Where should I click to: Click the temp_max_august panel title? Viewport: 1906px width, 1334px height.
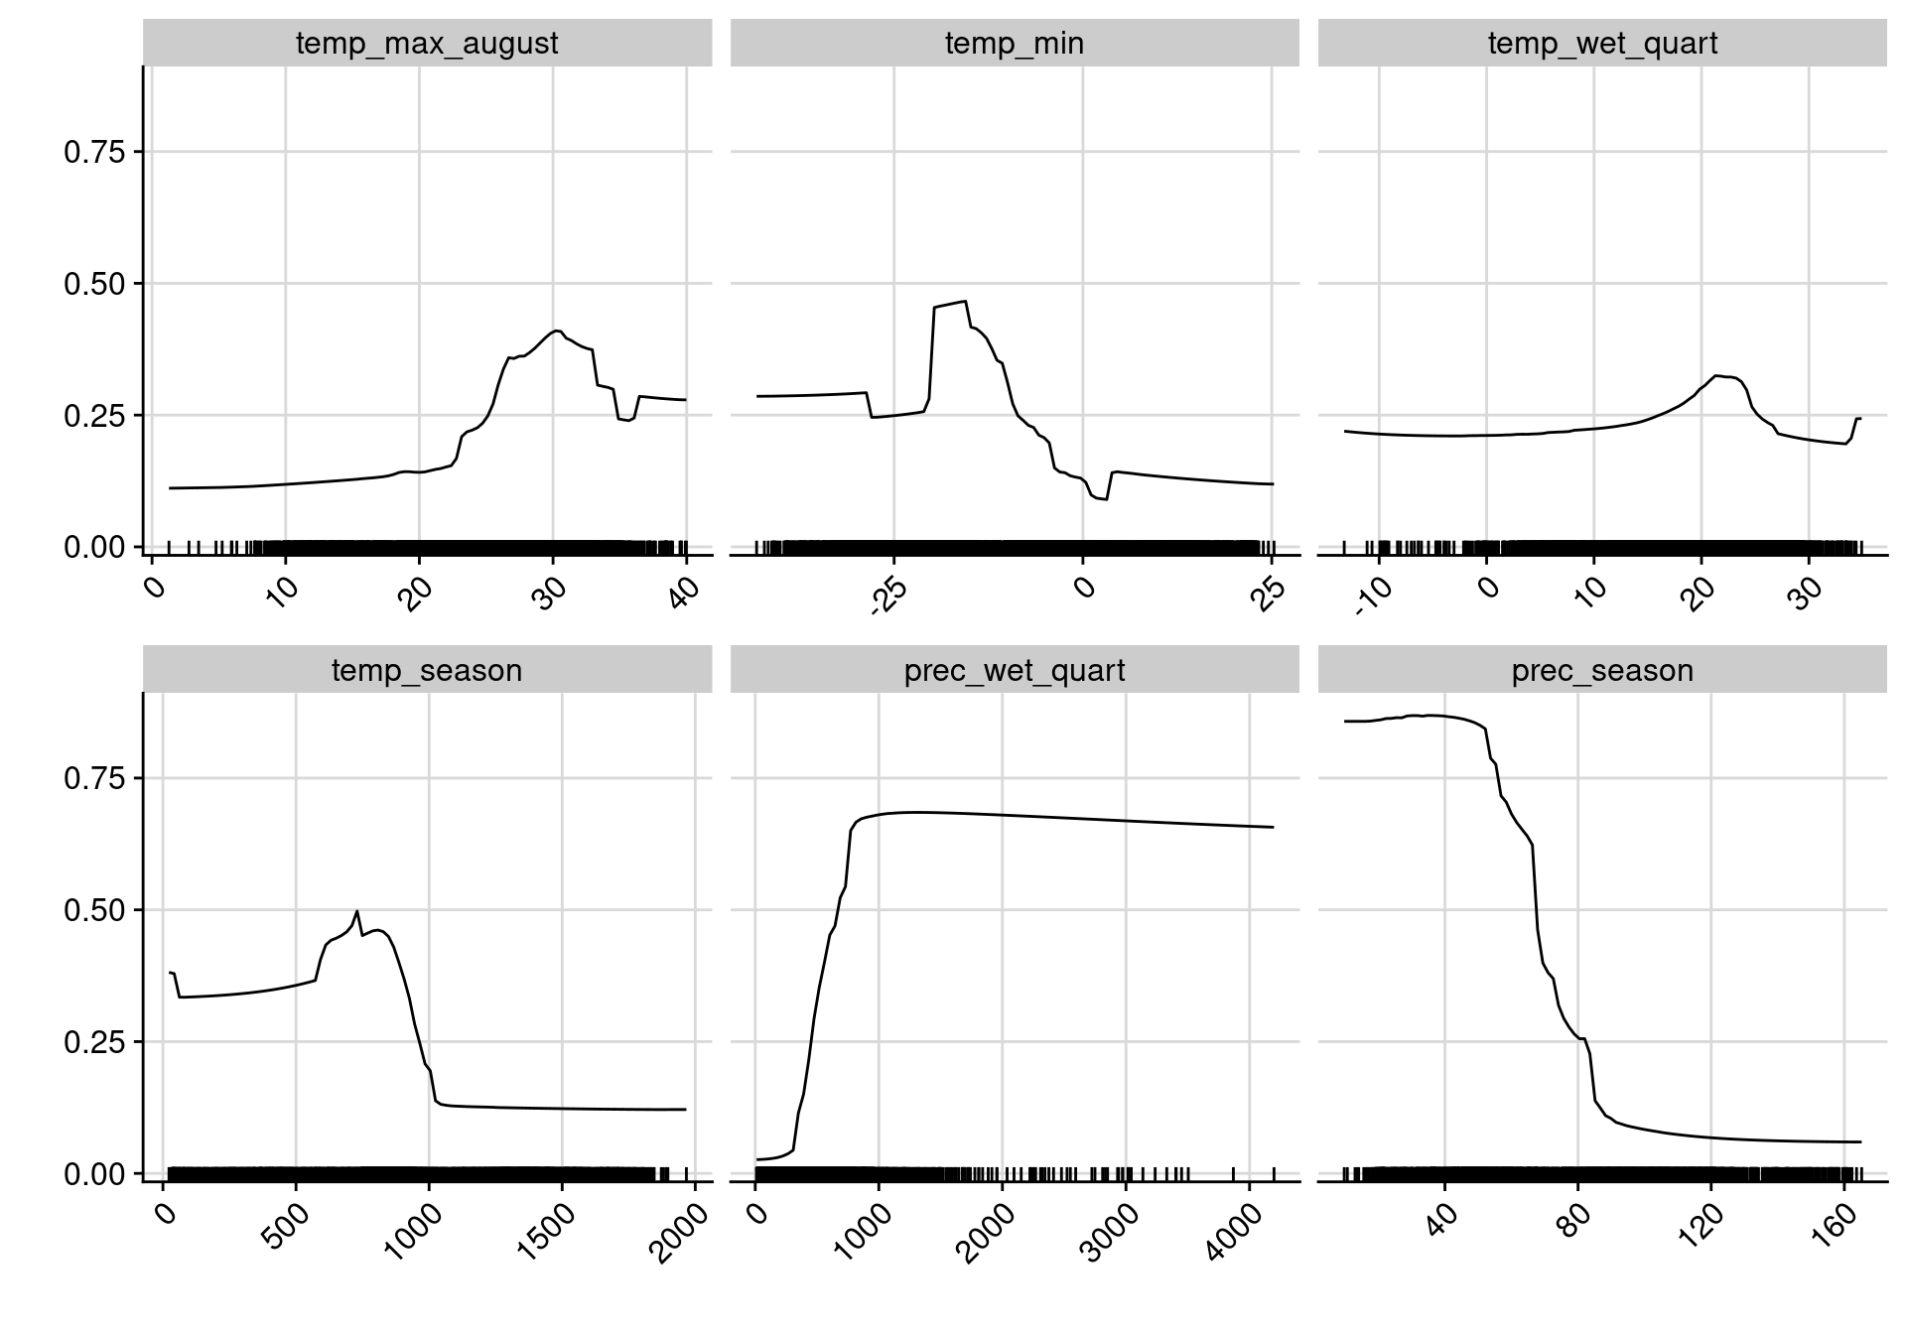pos(427,44)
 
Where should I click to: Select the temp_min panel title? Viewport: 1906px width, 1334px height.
pos(1015,44)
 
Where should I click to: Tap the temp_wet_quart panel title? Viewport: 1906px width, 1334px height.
pos(1602,44)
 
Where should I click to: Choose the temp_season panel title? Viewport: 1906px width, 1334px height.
pos(427,671)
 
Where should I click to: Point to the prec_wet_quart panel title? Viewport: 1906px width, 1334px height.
pos(1015,671)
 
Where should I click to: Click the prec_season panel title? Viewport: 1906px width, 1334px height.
pos(1602,671)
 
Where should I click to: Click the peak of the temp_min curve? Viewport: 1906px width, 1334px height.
pos(965,301)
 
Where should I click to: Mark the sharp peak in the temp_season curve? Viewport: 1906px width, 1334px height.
pos(356,910)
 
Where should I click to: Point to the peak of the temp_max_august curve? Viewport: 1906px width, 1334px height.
pos(557,331)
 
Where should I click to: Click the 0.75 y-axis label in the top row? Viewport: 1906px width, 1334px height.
pos(94,152)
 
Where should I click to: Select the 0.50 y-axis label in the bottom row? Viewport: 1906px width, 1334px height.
pos(94,910)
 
